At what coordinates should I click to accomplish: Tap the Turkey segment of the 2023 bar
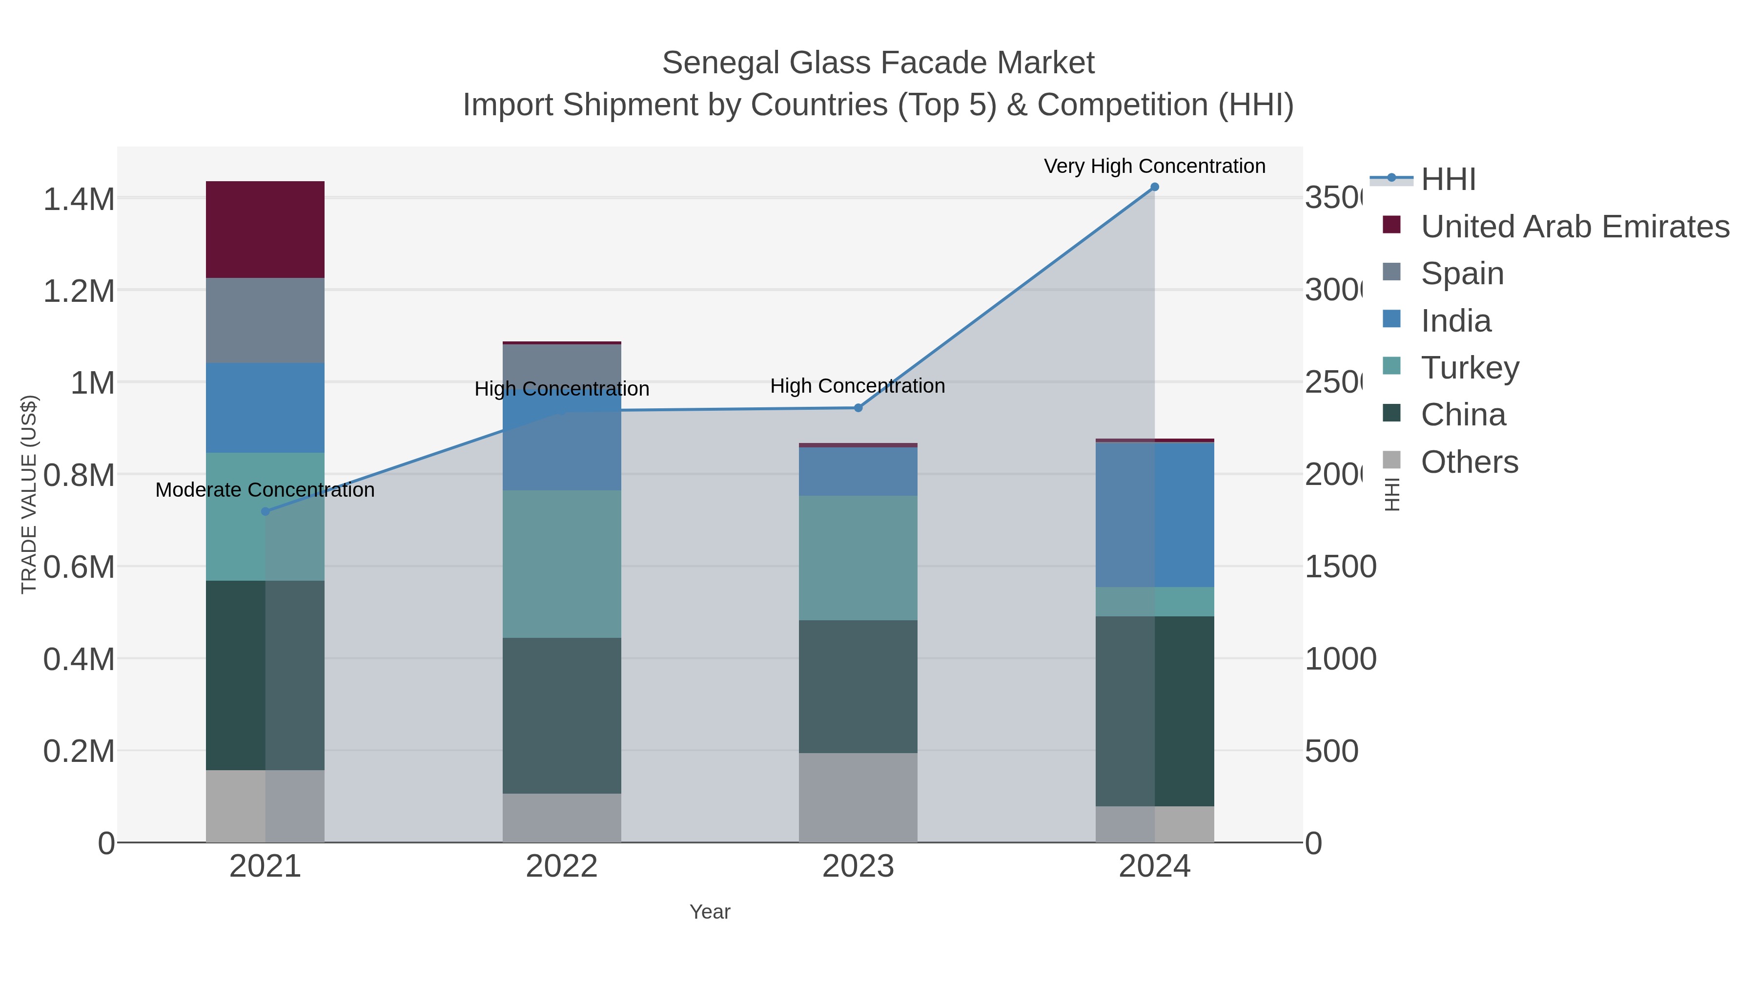pyautogui.click(x=858, y=558)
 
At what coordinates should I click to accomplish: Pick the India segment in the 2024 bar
pyautogui.click(x=1154, y=515)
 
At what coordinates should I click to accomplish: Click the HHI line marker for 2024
pyautogui.click(x=1154, y=187)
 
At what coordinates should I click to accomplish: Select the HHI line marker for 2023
pyautogui.click(x=858, y=408)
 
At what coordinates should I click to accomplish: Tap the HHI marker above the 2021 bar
pyautogui.click(x=266, y=511)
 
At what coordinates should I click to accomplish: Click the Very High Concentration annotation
pyautogui.click(x=1154, y=166)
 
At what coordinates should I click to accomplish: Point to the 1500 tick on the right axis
pyautogui.click(x=1340, y=567)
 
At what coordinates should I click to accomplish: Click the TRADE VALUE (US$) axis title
pyautogui.click(x=29, y=494)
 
